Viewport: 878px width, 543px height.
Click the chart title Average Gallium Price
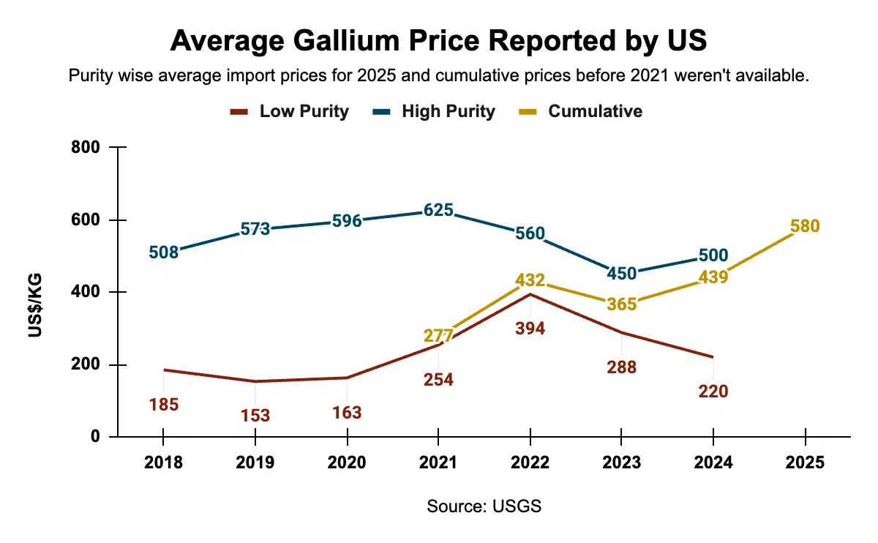tap(438, 41)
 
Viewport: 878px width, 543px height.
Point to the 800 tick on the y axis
tap(86, 148)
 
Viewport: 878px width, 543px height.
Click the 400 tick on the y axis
tap(86, 292)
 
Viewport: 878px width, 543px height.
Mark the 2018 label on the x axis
tap(163, 463)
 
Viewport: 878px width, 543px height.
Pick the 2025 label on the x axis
tap(804, 463)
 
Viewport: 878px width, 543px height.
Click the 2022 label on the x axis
tap(530, 463)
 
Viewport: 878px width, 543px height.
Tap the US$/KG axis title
tap(34, 305)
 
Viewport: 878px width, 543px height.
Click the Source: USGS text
tap(484, 506)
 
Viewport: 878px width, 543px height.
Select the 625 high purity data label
tap(438, 211)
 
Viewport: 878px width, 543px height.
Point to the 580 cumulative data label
tap(805, 226)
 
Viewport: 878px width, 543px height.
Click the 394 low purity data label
tap(530, 329)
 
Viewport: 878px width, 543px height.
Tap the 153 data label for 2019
tap(255, 416)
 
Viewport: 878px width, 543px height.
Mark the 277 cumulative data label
tap(438, 336)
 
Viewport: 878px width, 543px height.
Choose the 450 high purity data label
tap(621, 274)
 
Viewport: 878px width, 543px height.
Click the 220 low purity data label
tap(713, 392)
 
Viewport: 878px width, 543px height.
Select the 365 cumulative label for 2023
tap(621, 304)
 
